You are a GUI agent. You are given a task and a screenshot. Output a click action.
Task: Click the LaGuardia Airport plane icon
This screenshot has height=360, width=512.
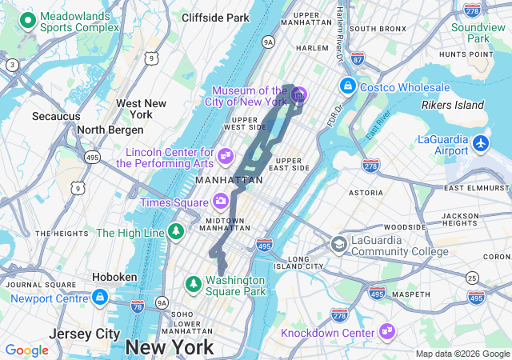point(480,144)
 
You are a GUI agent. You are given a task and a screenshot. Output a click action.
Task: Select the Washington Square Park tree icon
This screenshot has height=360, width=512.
point(193,284)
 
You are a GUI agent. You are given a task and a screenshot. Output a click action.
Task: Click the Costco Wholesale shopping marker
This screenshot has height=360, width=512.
point(348,85)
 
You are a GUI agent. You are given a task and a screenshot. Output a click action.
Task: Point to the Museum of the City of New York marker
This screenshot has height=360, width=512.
point(298,96)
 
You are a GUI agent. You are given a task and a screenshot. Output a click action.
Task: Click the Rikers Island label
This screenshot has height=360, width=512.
point(453,105)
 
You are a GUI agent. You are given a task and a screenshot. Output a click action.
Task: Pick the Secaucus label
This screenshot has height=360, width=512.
point(56,117)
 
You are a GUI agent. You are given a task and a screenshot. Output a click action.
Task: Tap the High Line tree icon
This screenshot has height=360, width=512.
point(175,232)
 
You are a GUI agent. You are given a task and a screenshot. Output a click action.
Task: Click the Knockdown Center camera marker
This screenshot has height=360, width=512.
point(387,330)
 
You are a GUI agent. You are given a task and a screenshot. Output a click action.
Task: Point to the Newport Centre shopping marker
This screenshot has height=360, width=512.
point(99,298)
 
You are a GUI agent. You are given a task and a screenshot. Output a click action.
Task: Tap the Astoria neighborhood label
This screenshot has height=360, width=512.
point(366,193)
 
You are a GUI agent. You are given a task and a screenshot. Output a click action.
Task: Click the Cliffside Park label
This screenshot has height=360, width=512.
point(215,18)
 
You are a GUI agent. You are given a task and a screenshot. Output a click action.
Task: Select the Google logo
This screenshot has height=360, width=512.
point(26,350)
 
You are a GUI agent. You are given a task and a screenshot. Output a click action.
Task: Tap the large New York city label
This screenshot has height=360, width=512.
point(170,347)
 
